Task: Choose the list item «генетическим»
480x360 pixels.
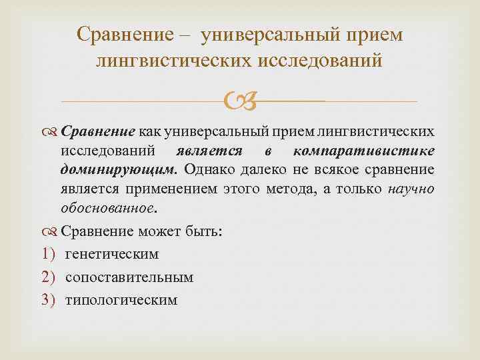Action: (112, 255)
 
